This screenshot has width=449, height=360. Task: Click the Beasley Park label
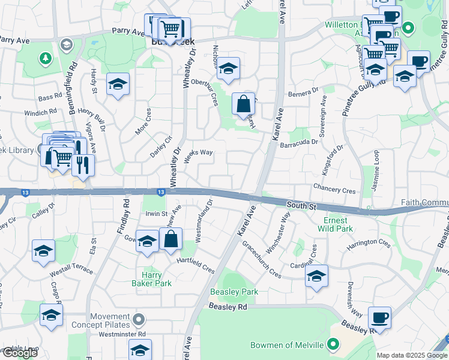coord(234,292)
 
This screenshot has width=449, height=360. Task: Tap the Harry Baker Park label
coord(152,279)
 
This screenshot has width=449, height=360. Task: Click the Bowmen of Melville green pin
coord(334,344)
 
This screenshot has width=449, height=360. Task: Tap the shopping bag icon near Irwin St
coord(170,239)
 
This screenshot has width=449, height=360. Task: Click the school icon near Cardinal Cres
coord(316,276)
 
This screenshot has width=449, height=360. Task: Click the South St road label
coord(301,205)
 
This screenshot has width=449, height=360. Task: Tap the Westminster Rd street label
coord(124,334)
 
